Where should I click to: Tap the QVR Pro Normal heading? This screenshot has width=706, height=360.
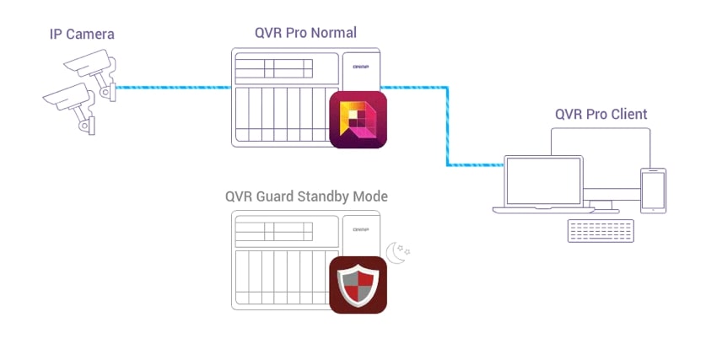click(305, 34)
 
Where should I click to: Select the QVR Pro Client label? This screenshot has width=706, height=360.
click(601, 114)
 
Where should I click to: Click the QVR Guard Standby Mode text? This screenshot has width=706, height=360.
click(306, 196)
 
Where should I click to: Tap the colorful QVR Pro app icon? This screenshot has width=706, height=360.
click(358, 120)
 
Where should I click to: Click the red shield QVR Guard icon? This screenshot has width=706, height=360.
click(358, 285)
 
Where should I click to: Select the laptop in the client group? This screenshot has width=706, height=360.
click(543, 183)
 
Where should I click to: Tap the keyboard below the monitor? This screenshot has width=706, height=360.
click(601, 230)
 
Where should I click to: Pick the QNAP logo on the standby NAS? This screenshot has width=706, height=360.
click(361, 229)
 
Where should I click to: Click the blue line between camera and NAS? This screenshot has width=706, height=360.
click(173, 86)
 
